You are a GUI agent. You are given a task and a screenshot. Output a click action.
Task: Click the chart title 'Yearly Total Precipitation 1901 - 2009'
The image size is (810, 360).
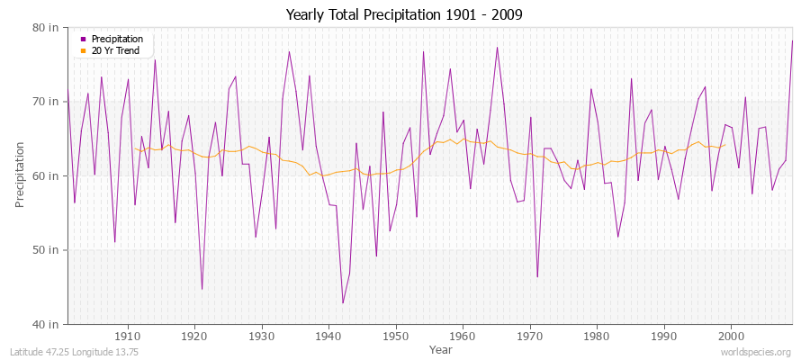(x=405, y=15)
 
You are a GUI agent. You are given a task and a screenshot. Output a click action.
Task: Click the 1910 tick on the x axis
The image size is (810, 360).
(x=128, y=336)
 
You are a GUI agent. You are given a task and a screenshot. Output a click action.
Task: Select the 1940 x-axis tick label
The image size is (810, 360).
(x=328, y=336)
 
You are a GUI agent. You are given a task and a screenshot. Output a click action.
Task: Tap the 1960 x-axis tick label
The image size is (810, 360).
(x=463, y=336)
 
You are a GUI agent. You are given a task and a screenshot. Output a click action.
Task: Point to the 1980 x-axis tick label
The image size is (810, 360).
(x=597, y=336)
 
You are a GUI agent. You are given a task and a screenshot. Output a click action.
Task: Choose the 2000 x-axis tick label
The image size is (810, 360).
(x=731, y=336)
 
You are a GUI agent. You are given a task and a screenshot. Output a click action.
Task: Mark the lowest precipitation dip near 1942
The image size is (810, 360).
(x=342, y=302)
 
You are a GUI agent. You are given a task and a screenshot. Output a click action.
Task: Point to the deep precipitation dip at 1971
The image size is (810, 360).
(x=537, y=276)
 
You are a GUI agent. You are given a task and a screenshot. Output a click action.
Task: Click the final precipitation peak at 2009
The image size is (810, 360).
(x=792, y=40)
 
